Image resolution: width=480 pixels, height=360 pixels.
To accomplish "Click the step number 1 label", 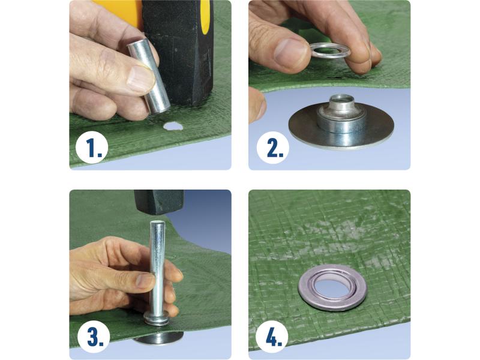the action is point(92,148).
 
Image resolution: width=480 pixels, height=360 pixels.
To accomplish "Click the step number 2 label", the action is point(273,148).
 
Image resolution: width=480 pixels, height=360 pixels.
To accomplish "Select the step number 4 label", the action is point(272,337).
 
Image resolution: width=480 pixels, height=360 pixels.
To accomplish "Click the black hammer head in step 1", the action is point(178,52).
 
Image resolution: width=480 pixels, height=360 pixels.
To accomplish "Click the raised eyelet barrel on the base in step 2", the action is point(341,117).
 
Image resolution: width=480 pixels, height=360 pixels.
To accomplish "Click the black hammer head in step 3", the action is point(159,202).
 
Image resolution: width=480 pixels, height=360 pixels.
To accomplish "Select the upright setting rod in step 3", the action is point(158,269).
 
